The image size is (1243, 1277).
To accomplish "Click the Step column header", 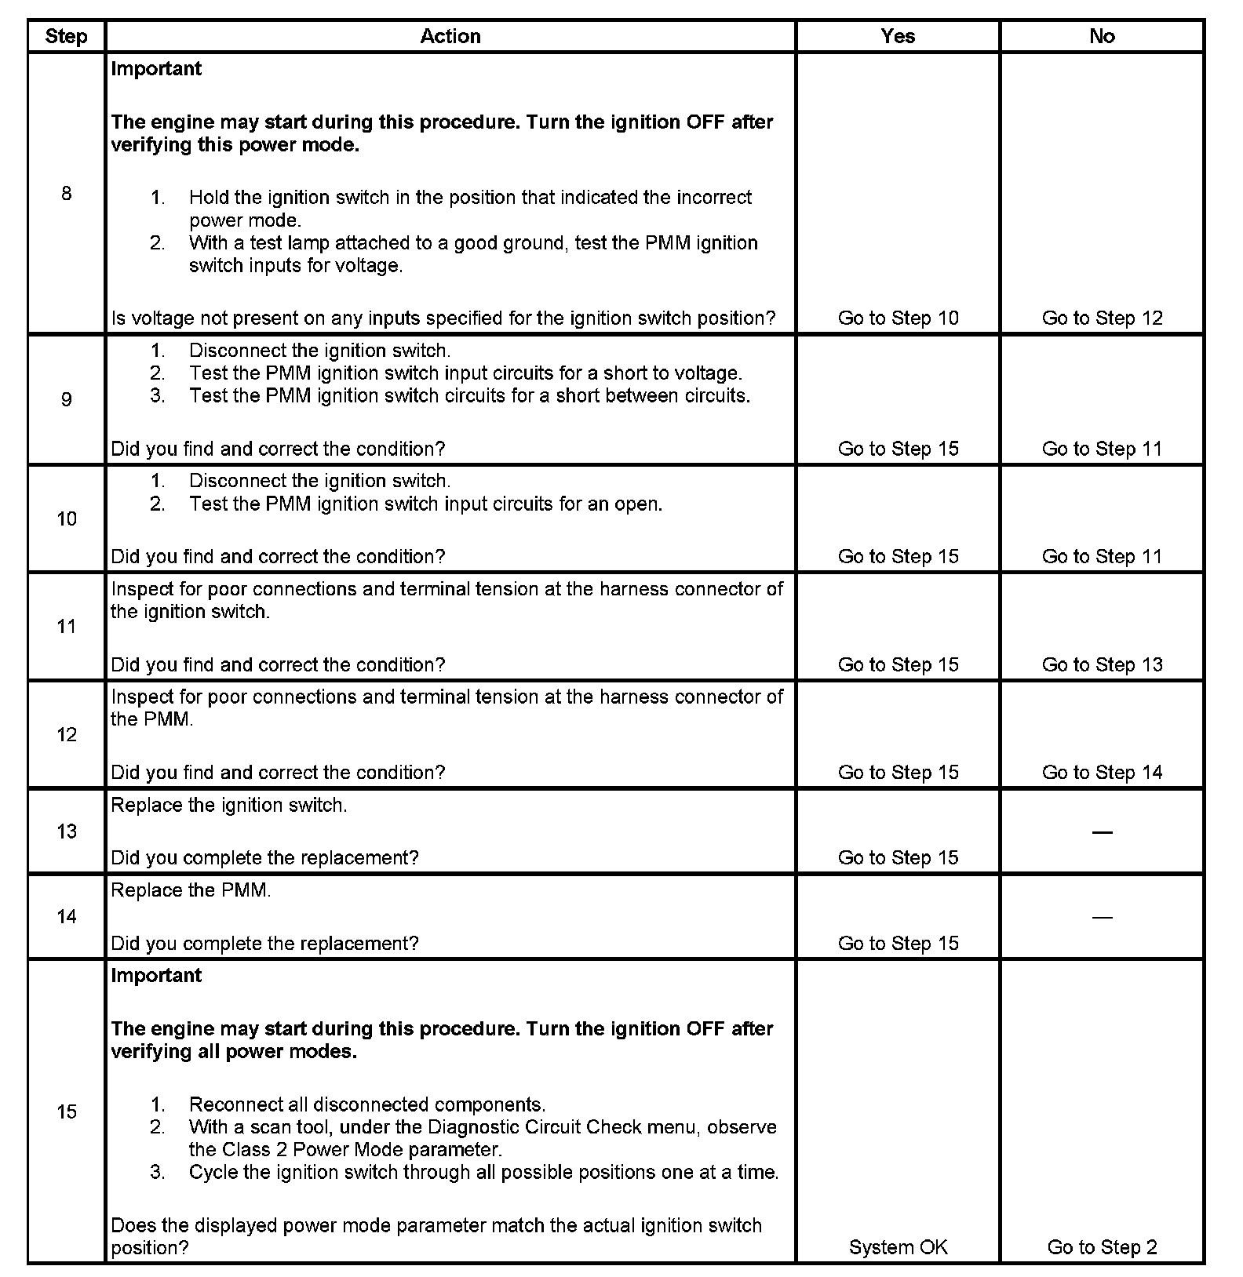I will pos(66,36).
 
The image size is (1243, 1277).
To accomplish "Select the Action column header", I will pos(450,36).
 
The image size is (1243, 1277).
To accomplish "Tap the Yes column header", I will pos(898,36).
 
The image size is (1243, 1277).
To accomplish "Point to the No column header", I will pos(1102,36).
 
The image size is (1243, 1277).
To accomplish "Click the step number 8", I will pos(66,193).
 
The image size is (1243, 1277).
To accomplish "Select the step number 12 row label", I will pos(67,734).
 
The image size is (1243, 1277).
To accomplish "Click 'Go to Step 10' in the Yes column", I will pos(898,318).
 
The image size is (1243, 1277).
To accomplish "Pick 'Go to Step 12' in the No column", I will pos(1102,318).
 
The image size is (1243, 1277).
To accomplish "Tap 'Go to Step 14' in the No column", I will pos(1102,772).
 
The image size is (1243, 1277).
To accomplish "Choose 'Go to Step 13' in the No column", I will pos(1102,664).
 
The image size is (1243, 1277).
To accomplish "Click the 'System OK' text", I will pos(898,1247).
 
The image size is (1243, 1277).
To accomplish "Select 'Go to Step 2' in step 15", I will pos(1102,1247).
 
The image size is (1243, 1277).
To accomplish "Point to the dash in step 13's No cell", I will pos(1102,831).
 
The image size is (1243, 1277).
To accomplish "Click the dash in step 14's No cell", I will pos(1102,917).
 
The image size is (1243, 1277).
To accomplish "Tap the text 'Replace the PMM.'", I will pos(191,890).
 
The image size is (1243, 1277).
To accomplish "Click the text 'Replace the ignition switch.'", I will pos(228,805).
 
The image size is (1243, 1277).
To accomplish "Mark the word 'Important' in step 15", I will pos(156,975).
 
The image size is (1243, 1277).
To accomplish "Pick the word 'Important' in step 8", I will pos(156,68).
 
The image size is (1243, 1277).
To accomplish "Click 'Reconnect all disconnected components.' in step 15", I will pos(366,1104).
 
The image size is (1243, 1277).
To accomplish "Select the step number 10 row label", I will pos(67,518).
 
